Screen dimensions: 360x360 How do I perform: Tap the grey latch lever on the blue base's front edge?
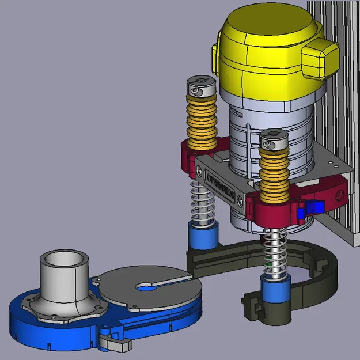116,343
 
